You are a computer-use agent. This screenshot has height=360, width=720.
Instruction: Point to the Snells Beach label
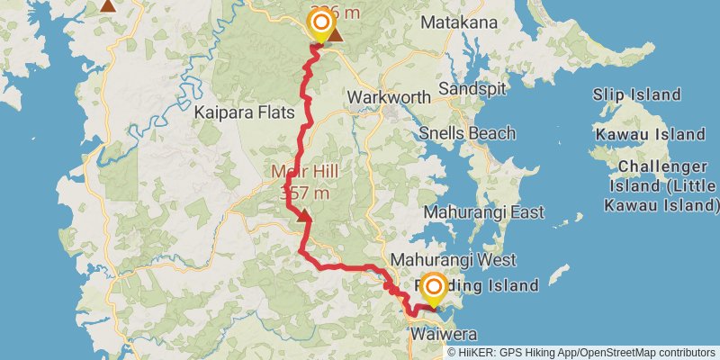pyautogui.click(x=469, y=133)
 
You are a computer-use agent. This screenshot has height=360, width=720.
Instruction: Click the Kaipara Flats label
pyautogui.click(x=239, y=113)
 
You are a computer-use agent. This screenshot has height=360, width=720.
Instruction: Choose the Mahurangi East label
pyautogui.click(x=484, y=213)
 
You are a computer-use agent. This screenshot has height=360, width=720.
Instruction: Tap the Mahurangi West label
pyautogui.click(x=454, y=260)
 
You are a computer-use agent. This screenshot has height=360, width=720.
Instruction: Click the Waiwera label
pyautogui.click(x=437, y=335)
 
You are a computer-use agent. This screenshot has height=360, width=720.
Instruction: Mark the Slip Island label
pyautogui.click(x=636, y=94)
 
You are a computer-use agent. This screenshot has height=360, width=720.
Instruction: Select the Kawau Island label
pyautogui.click(x=649, y=134)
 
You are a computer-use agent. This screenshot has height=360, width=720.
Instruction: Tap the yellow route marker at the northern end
pyautogui.click(x=319, y=23)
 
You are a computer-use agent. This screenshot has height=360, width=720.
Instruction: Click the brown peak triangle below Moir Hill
pyautogui.click(x=304, y=216)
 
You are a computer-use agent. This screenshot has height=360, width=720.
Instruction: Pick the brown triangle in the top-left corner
pyautogui.click(x=108, y=5)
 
